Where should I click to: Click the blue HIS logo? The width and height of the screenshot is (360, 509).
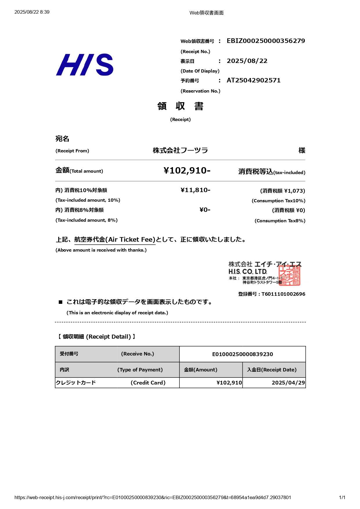84,65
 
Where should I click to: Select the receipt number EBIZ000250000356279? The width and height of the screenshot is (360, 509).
266,41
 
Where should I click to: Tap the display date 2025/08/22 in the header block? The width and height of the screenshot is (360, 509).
247,61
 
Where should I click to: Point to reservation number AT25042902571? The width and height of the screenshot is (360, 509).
253,80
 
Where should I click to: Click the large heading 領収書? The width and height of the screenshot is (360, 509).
180,106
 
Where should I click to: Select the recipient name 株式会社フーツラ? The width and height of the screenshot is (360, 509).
180,150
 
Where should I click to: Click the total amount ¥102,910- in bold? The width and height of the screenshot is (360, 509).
187,170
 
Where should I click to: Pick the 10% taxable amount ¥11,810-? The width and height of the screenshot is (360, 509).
195,190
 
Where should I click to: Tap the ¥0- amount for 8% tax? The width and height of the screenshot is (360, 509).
205,210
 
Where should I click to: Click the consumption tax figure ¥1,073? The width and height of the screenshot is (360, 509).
294,191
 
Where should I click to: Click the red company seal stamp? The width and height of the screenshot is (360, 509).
289,275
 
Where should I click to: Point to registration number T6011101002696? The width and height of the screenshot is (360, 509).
283,294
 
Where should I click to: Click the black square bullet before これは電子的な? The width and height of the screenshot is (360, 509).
60,302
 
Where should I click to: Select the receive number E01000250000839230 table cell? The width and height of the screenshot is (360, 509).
242,354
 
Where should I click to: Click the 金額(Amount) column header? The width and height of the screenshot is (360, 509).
201,370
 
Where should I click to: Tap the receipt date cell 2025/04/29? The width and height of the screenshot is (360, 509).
288,383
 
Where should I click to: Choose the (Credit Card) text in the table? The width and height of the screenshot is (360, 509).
148,383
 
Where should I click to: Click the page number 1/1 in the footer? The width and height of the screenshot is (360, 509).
342,497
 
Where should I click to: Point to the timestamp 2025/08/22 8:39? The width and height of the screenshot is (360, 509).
32,12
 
